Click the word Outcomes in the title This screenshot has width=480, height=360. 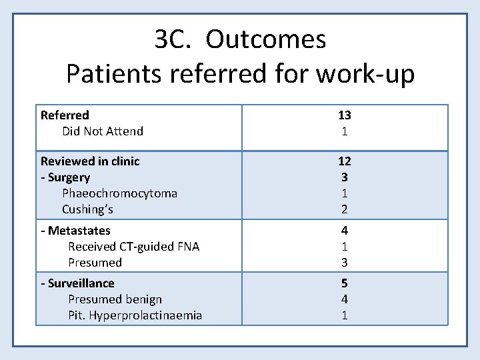click(265, 40)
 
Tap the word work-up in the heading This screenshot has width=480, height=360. click(365, 73)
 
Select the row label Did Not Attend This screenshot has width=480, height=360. click(103, 131)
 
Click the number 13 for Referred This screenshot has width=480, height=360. click(345, 115)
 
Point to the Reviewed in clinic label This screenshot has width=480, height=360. click(90, 161)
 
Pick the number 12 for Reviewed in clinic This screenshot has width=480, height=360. click(345, 161)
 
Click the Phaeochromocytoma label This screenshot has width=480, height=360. click(119, 193)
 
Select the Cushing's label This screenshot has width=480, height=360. click(87, 209)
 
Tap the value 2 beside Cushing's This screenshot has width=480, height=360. click(345, 209)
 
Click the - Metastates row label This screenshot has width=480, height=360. click(75, 231)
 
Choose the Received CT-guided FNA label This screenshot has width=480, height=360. click(133, 247)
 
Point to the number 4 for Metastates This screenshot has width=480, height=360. click(345, 231)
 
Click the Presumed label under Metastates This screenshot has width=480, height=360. click(95, 263)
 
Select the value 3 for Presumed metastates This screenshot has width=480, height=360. click(345, 263)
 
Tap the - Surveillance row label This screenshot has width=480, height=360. click(77, 283)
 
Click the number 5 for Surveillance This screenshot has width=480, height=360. click(345, 283)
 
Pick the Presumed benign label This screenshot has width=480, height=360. click(115, 299)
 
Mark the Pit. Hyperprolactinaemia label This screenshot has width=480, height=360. click(135, 315)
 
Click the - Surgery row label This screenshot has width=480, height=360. click(65, 177)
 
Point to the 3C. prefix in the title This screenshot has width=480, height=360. click(174, 40)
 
